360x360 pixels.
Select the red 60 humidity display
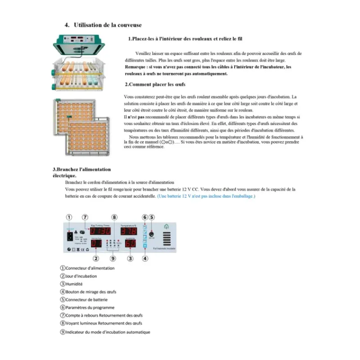click(x=130, y=244)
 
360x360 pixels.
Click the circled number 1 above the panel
click(x=69, y=217)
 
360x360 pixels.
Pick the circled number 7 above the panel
click(x=85, y=217)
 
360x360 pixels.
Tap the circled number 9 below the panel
click(x=113, y=258)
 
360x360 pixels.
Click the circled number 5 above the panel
click(x=152, y=217)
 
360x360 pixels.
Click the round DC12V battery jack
click(x=151, y=234)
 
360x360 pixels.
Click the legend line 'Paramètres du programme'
click(x=88, y=307)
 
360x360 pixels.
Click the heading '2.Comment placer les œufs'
click(x=155, y=85)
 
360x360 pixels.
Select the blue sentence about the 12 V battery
click(x=206, y=196)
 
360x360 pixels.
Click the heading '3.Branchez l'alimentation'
click(x=81, y=169)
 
